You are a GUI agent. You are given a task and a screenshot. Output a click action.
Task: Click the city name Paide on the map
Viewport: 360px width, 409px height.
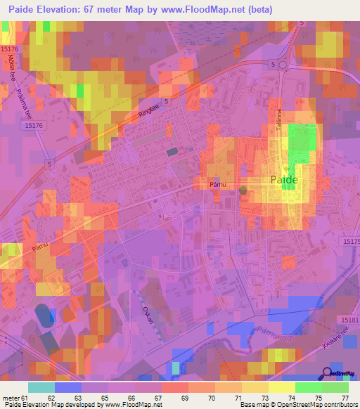[284, 180]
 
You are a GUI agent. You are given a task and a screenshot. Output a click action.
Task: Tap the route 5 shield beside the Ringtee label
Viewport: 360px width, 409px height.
[167, 102]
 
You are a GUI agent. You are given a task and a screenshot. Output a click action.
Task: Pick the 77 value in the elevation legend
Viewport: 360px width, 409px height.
[345, 397]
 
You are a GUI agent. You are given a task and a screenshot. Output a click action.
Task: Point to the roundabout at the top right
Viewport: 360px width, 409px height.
[282, 65]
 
